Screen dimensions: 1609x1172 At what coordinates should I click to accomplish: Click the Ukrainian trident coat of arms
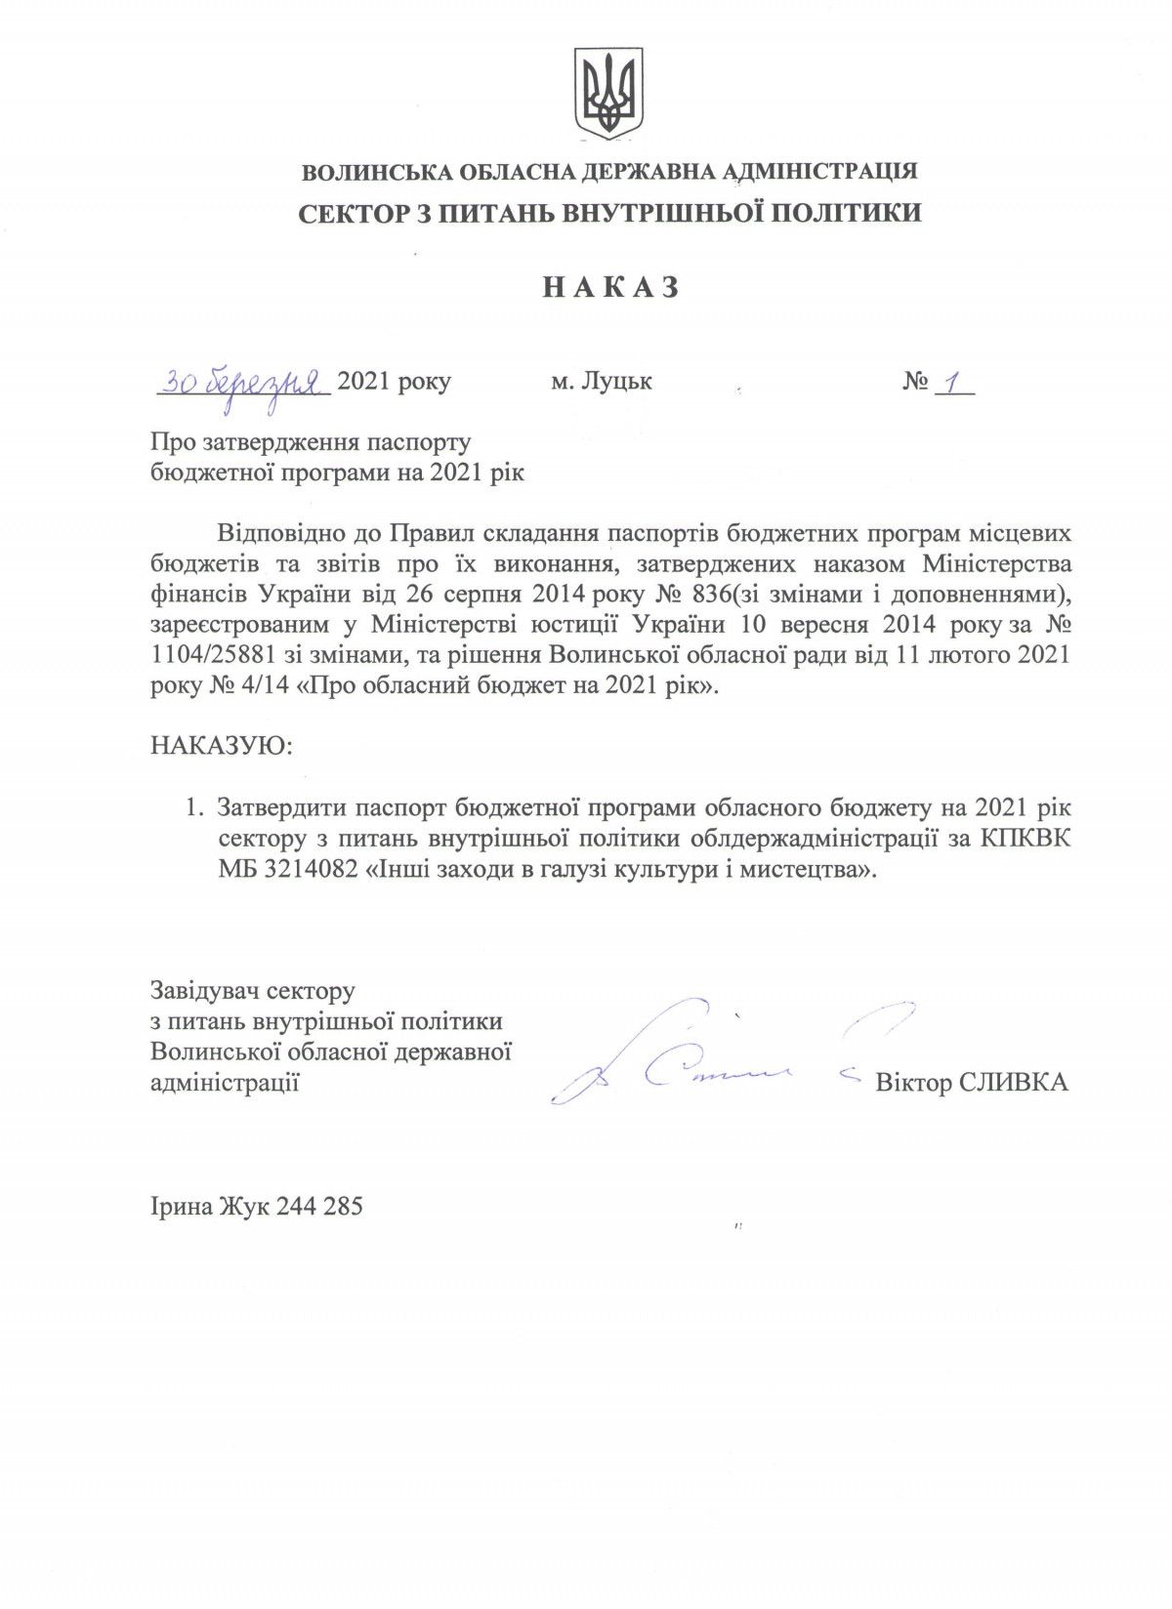[607, 95]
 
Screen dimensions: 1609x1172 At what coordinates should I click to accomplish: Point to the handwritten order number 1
[946, 381]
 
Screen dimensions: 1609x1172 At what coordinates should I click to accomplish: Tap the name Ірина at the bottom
[184, 1206]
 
